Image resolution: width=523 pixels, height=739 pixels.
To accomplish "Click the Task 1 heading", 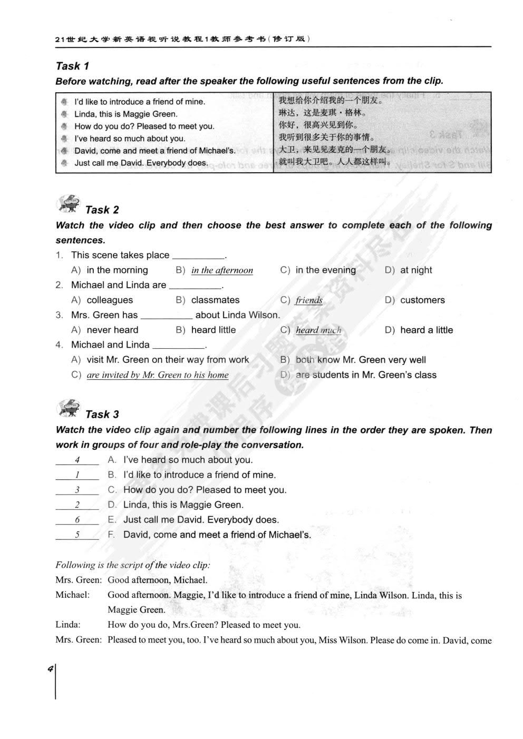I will coord(72,66).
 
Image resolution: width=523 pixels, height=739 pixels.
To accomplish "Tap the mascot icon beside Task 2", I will coord(69,203).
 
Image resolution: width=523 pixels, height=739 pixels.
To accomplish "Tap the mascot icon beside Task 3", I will coord(69,408).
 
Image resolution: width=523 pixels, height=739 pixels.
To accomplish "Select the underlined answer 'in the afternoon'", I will coord(222,270).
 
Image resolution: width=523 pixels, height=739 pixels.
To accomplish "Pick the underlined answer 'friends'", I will coord(309,300).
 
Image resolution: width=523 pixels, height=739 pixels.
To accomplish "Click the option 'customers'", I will coord(422,300).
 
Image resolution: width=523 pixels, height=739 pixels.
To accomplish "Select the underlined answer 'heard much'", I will coord(318,330).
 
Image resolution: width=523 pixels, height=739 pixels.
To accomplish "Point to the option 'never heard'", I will coord(112,330).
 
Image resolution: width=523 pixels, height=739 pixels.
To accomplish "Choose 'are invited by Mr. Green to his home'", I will coord(157,375).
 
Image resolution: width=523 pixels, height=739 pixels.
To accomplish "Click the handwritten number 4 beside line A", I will coord(77,460).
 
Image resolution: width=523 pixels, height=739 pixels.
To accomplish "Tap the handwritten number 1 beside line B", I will coord(77,475).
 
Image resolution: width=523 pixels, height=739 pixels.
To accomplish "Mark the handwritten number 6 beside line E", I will coord(77,520).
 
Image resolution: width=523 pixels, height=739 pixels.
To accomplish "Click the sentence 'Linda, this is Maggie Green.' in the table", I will coord(125,114).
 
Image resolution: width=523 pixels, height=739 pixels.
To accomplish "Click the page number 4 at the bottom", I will coord(50,669).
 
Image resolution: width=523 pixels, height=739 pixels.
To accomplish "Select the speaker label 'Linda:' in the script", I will coord(68,625).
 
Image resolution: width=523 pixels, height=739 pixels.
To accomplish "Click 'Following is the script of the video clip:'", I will coord(133,565).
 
